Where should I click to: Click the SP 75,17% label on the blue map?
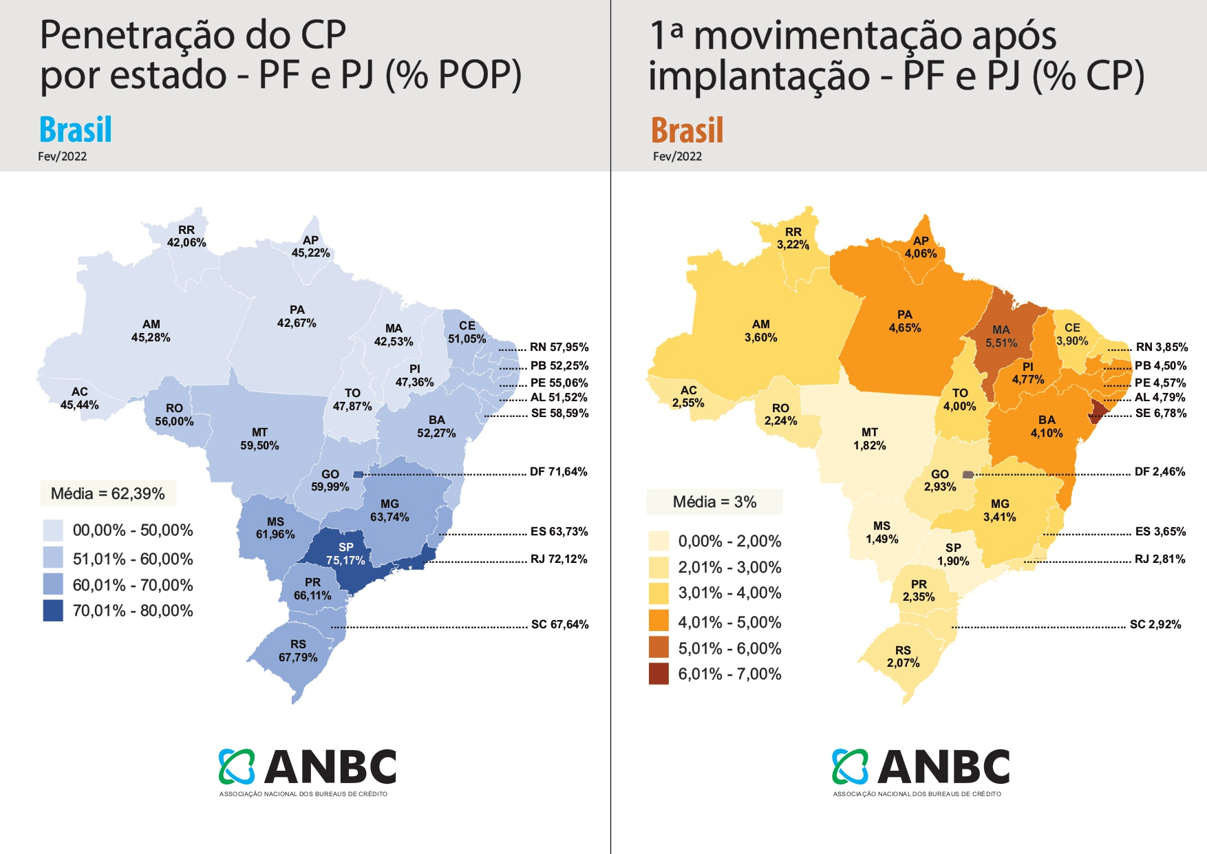click(x=345, y=554)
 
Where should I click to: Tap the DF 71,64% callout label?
click(x=558, y=472)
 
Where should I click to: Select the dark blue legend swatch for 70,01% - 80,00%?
click(x=53, y=611)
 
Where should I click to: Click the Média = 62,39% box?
click(x=108, y=493)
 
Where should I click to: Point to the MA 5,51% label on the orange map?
click(x=1001, y=337)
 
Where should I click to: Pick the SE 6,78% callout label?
click(x=1161, y=414)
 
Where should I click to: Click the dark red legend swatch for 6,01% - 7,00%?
click(x=659, y=674)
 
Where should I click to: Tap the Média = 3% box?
click(x=714, y=502)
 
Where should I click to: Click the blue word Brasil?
click(x=76, y=130)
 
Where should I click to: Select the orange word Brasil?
click(x=687, y=131)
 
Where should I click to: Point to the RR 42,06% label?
click(x=186, y=236)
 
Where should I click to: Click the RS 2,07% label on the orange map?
click(x=903, y=656)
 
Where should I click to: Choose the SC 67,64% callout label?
click(x=559, y=625)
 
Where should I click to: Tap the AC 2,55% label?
click(x=688, y=396)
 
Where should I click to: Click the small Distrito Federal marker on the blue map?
click(x=358, y=474)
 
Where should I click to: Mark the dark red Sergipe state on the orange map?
click(x=1098, y=412)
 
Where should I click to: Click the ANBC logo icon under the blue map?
click(x=237, y=767)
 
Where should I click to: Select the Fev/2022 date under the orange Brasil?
click(x=677, y=157)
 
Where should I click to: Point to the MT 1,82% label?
click(x=870, y=439)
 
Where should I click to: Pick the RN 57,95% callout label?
click(x=559, y=348)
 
